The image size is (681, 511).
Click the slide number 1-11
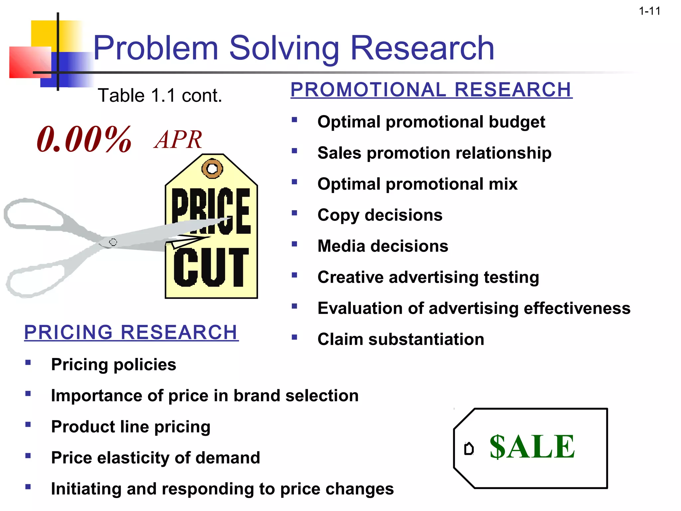pos(649,11)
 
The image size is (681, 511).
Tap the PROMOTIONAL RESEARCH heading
pos(431,90)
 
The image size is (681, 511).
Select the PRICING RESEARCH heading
pos(131,332)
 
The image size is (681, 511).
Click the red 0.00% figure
pos(84,140)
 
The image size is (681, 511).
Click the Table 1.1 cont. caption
pos(160,96)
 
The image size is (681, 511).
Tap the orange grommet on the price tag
pos(212,169)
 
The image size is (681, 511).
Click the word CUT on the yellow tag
pos(211,267)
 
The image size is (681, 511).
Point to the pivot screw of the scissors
pos(113,242)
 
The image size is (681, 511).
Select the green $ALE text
pos(532,447)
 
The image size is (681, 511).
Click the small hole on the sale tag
pos(469,449)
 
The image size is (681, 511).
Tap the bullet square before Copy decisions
pos(294,213)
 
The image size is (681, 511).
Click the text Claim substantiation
pos(400,339)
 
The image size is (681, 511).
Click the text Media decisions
pos(382,246)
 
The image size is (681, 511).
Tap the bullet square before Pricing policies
pos(28,362)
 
